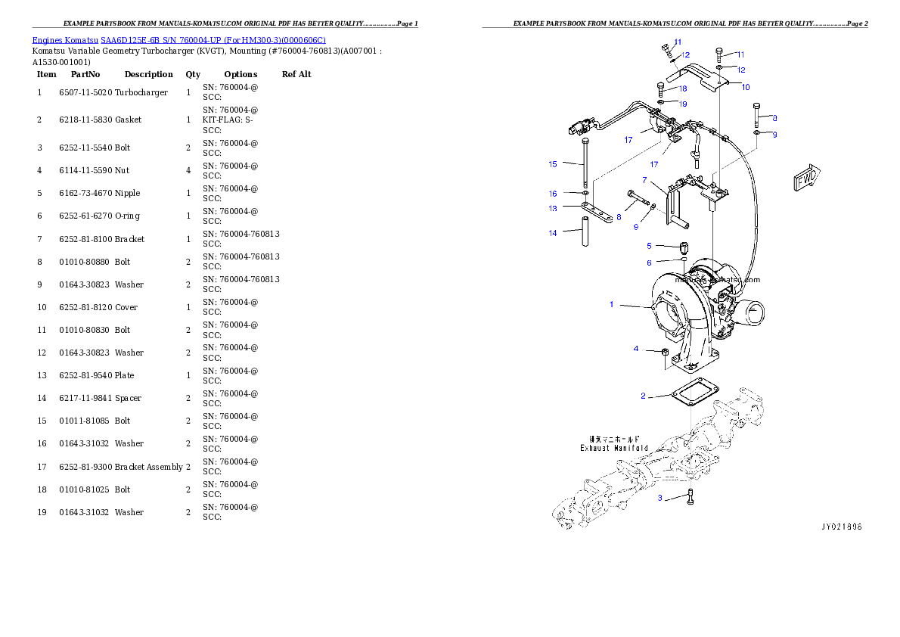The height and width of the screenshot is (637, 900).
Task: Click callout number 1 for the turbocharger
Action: point(612,304)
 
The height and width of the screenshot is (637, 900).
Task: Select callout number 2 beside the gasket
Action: point(643,396)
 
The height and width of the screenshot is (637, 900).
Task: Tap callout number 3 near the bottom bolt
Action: point(659,498)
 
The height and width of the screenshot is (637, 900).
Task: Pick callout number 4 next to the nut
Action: point(636,349)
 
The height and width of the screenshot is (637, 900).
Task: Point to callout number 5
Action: point(649,246)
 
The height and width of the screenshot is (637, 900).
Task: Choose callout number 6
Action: point(649,263)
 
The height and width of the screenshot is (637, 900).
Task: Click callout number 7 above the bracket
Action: point(644,180)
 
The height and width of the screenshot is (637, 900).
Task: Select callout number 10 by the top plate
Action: point(746,87)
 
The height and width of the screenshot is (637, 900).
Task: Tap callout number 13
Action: point(553,208)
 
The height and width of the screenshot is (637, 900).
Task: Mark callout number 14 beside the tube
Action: point(553,233)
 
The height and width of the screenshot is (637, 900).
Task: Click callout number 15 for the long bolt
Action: point(553,163)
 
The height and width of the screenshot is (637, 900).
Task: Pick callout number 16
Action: point(553,194)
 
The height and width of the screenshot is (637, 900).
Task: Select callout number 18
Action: point(683,89)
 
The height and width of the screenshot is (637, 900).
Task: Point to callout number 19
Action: point(683,104)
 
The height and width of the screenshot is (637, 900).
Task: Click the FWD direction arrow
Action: point(806,179)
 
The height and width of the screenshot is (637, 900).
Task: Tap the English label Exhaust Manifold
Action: point(614,448)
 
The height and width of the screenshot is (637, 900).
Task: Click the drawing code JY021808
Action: point(842,526)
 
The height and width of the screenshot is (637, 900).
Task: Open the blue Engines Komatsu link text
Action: point(178,40)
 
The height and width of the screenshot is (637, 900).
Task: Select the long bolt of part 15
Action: point(585,165)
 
